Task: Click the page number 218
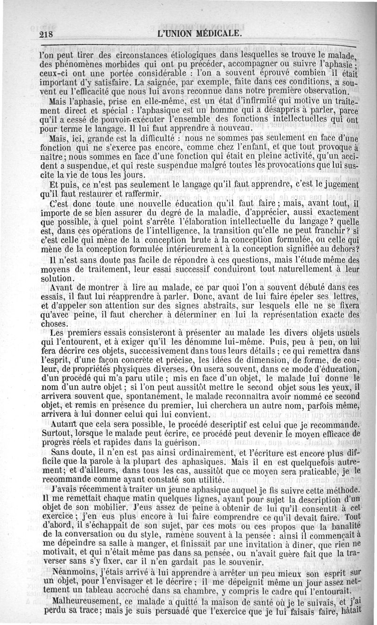pyautogui.click(x=48, y=34)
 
